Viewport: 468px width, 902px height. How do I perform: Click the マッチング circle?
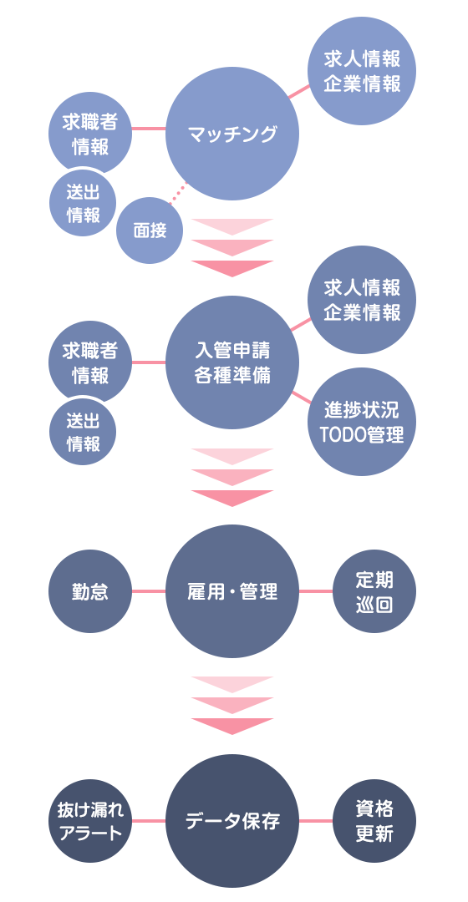(232, 134)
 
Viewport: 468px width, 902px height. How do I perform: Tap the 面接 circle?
(150, 231)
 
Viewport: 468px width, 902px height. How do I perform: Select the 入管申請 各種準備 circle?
(232, 362)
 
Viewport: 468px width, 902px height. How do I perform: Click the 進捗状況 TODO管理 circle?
(362, 422)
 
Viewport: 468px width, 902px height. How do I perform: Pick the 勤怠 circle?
(90, 591)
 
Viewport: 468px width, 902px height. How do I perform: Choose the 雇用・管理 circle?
(232, 591)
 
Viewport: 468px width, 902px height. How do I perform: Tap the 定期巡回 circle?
(374, 591)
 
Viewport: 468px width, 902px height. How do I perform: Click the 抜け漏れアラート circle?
(90, 821)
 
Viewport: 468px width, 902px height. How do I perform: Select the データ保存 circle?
(232, 821)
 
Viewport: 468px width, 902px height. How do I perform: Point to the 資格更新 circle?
(374, 821)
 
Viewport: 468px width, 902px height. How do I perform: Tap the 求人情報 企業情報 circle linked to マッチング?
(362, 71)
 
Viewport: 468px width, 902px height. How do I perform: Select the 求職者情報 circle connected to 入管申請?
(90, 362)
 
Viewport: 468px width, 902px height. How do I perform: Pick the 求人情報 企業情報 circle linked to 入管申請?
(362, 300)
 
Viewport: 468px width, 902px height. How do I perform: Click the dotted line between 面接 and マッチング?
(178, 193)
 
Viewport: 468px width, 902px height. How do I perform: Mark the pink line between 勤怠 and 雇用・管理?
(149, 591)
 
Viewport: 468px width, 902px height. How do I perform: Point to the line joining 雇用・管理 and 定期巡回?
(315, 591)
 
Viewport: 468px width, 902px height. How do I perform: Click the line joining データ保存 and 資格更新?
(315, 821)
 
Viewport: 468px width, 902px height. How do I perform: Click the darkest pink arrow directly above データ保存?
(232, 726)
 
